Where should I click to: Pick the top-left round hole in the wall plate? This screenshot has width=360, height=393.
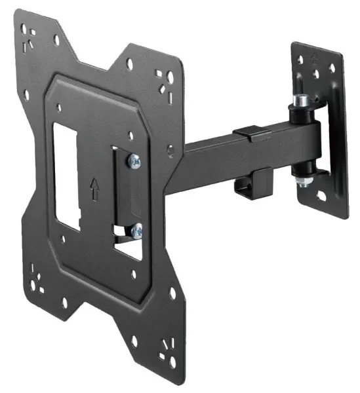click(302, 62)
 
